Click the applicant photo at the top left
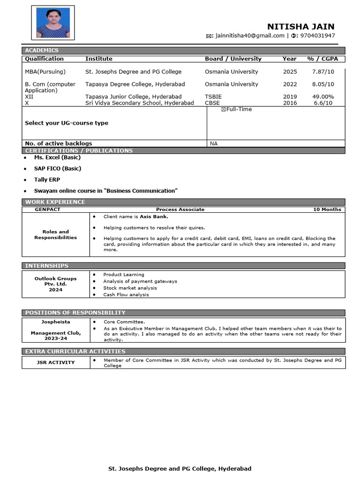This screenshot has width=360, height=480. coord(53,22)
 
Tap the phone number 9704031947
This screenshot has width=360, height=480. coord(317,36)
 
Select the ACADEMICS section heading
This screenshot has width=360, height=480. coord(42,50)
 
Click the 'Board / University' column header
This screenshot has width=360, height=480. coord(233,59)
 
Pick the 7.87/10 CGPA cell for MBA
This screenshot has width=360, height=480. coord(323,72)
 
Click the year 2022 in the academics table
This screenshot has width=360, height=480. coord(290,84)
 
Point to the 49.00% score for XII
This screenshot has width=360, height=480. coord(323,97)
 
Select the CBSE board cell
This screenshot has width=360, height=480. coord(212,103)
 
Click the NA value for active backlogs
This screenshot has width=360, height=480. coord(214,143)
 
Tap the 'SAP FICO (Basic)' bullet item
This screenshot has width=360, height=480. coord(57,168)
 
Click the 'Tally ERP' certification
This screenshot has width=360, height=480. coord(47,180)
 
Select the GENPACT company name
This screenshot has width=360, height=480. coord(48,210)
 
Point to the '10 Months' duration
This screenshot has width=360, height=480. coord(327,210)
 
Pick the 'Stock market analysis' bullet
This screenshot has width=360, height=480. coord(130,288)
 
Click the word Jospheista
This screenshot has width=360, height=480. coord(55,322)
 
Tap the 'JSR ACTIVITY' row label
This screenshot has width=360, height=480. coord(56,362)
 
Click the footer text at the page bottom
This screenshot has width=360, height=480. coord(180,468)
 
